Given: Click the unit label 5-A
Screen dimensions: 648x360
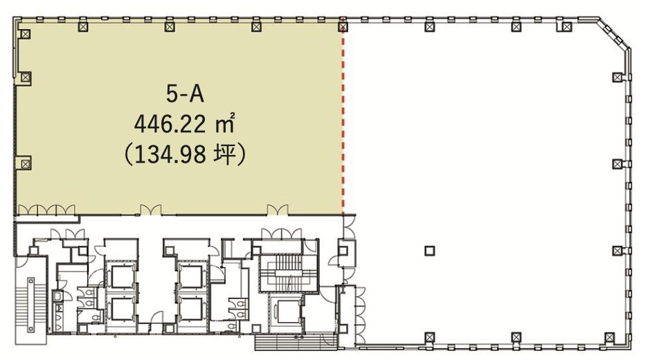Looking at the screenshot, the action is click(185, 93).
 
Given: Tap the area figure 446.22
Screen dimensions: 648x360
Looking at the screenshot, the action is click(170, 124).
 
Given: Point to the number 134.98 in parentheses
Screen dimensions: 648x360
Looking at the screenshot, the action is click(170, 155).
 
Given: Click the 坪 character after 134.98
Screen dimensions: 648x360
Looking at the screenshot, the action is click(225, 155).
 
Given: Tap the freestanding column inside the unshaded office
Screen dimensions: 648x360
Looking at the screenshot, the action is click(430, 251).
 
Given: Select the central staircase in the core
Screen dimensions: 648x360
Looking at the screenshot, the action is click(288, 273).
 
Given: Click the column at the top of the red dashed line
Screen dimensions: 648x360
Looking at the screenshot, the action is click(343, 27).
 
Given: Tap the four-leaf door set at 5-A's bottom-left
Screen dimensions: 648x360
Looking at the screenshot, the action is click(46, 210).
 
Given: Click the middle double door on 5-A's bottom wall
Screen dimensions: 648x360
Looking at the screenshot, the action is click(150, 210).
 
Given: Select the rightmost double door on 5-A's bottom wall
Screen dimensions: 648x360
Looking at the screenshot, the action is click(278, 210).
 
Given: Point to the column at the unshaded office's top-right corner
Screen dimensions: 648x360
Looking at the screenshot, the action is click(568, 27).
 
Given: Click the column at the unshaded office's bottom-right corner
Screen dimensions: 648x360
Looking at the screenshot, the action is click(609, 337).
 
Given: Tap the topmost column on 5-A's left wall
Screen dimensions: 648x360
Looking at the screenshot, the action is click(26, 34).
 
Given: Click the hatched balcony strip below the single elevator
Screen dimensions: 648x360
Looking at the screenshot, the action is click(296, 343).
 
